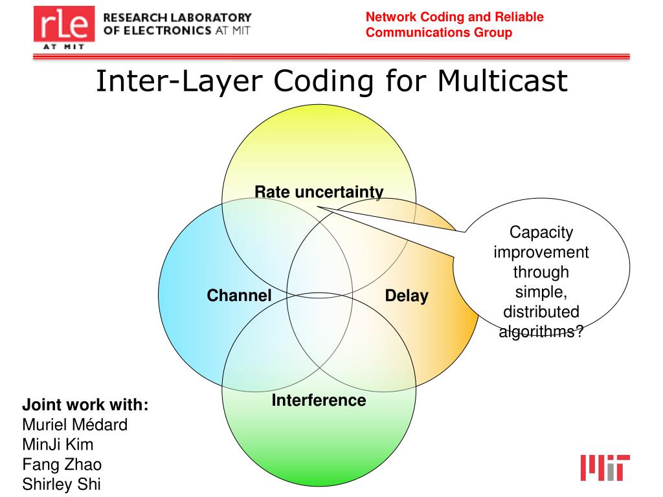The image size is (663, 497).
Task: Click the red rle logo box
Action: [x=63, y=28]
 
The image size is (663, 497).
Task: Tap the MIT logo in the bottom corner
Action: [x=605, y=467]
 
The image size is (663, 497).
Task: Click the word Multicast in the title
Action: [x=502, y=81]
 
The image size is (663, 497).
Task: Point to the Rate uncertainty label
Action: [x=319, y=192]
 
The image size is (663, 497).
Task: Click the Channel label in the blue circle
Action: [x=239, y=296]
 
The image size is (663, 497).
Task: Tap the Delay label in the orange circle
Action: [x=407, y=296]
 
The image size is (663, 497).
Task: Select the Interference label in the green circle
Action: [x=319, y=400]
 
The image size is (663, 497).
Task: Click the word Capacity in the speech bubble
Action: [x=541, y=232]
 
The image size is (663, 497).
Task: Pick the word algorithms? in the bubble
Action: [x=541, y=332]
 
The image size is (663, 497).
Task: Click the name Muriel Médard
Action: [x=75, y=425]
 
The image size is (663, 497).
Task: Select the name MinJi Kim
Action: [x=58, y=445]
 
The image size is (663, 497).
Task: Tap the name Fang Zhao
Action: [x=62, y=464]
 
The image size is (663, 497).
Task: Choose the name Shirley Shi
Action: [x=62, y=483]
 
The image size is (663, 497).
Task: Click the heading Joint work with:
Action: [x=85, y=406]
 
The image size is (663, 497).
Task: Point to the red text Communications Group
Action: [x=438, y=32]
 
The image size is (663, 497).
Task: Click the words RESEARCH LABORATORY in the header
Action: [x=177, y=17]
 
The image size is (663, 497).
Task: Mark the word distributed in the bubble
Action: [x=541, y=312]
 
